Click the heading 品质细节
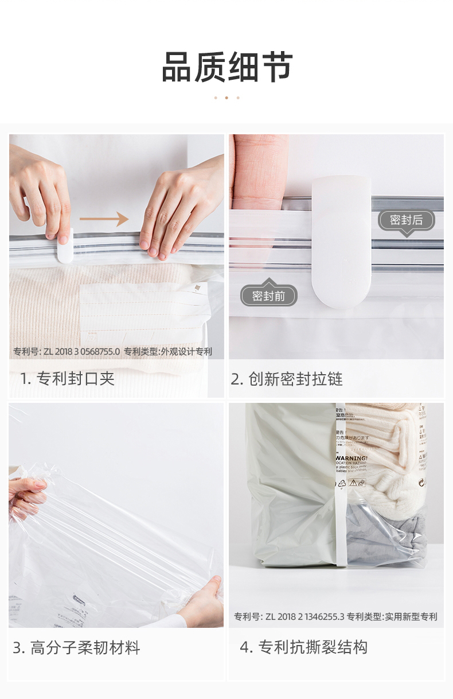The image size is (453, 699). click(x=227, y=68)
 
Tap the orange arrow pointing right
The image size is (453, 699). click(x=103, y=219)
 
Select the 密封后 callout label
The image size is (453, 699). click(x=406, y=220)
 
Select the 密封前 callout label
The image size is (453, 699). click(x=268, y=296)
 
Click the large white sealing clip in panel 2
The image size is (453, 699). click(x=341, y=241)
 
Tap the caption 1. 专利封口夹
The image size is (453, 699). click(x=68, y=379)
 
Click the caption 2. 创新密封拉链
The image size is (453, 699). click(x=287, y=379)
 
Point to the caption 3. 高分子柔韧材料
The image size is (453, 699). click(x=76, y=648)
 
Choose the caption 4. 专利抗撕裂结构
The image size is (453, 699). click(x=303, y=647)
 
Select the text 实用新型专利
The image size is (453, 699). click(x=411, y=617)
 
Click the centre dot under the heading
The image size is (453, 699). click(x=226, y=98)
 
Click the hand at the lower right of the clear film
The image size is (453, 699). click(x=204, y=600)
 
